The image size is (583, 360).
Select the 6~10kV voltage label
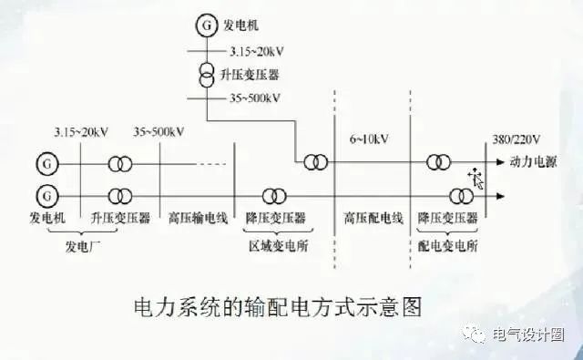tap(371, 139)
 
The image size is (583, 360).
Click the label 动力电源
tap(531, 163)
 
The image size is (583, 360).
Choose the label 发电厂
tap(84, 244)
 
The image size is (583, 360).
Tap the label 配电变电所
tap(447, 245)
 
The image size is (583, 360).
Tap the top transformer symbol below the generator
tap(208, 72)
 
